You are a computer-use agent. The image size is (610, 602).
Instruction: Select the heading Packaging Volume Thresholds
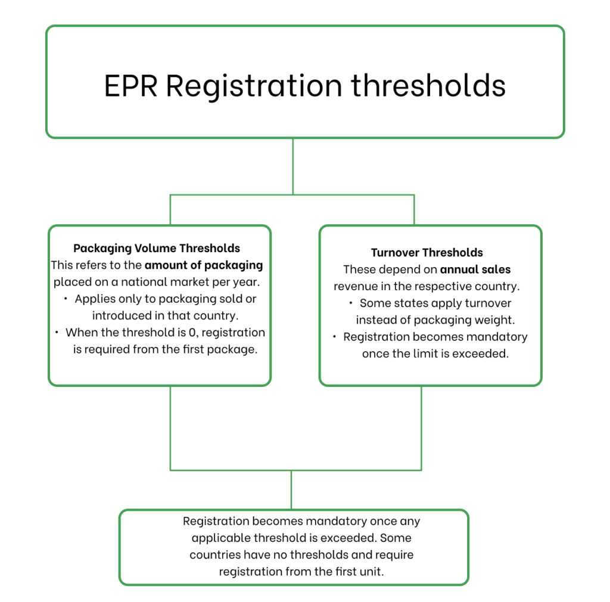157,248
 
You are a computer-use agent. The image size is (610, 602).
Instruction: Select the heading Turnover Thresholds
427,253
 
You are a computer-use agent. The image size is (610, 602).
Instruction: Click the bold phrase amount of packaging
203,265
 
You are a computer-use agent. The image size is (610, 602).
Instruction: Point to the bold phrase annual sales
475,269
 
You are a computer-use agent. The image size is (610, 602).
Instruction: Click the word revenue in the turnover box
355,286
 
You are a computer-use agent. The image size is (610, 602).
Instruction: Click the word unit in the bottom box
371,572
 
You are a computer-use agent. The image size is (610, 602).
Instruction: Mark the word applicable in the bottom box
220,538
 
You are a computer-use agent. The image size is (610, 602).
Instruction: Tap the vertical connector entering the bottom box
291,490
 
